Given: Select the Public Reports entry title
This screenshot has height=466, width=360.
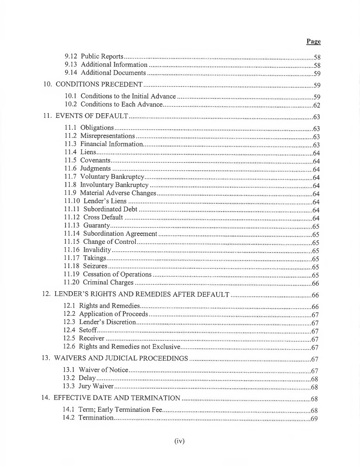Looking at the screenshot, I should (102, 57).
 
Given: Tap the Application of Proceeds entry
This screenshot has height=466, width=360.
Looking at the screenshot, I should (114, 314).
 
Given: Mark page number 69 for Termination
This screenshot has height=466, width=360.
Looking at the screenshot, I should (314, 419).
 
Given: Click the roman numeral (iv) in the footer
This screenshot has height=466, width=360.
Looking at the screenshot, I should (180, 441).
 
